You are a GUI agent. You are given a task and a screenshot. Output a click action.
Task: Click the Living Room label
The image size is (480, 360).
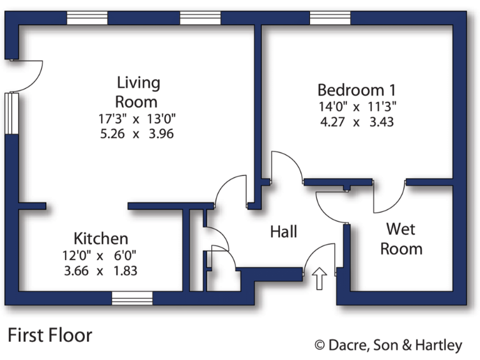click(138, 91)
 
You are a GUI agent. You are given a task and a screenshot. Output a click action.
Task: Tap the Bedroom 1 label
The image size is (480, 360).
click(356, 89)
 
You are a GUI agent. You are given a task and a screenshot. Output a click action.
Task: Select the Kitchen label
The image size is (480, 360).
click(101, 238)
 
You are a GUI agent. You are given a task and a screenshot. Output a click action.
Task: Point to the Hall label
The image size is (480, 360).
click(283, 232)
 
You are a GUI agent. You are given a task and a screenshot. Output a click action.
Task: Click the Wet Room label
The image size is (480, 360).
click(401, 238)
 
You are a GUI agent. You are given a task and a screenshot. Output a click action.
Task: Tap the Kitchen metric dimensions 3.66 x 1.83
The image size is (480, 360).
click(100, 271)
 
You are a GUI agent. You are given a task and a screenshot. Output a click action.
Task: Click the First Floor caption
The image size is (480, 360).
click(50, 336)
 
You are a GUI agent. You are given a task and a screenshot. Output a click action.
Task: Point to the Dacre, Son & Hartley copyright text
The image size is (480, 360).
click(388, 344)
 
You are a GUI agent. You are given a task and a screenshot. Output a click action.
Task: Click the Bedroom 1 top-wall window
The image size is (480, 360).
click(330, 18)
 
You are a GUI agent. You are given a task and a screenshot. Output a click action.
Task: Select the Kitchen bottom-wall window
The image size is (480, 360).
click(132, 299)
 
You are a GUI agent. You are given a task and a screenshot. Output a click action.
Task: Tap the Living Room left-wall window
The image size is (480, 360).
click(11, 112)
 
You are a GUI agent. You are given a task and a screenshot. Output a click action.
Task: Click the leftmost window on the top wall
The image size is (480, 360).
click(87, 18)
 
